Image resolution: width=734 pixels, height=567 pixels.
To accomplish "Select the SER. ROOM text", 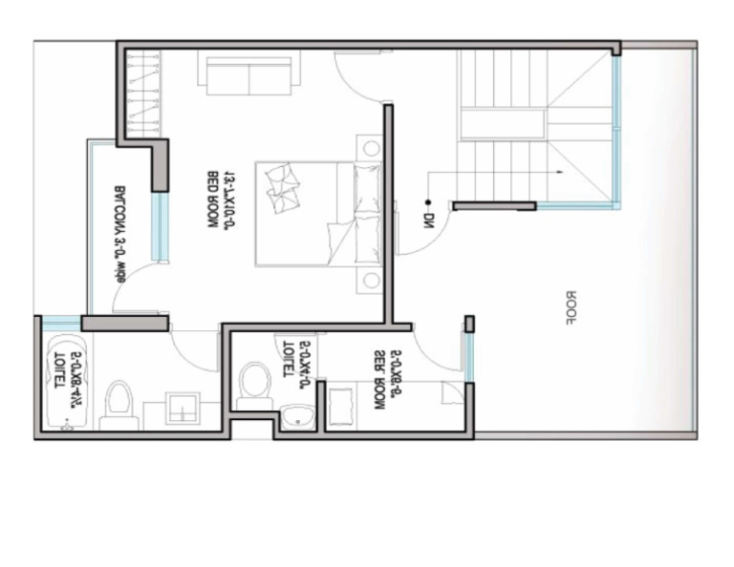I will click(x=379, y=380).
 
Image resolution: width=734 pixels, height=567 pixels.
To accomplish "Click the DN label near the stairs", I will click(x=430, y=221).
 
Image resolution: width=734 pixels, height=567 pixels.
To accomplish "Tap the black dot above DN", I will click(x=430, y=202).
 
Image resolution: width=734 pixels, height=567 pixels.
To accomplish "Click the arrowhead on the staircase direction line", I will click(x=561, y=172).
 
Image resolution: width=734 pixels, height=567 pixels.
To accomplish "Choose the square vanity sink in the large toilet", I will click(x=183, y=409).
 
